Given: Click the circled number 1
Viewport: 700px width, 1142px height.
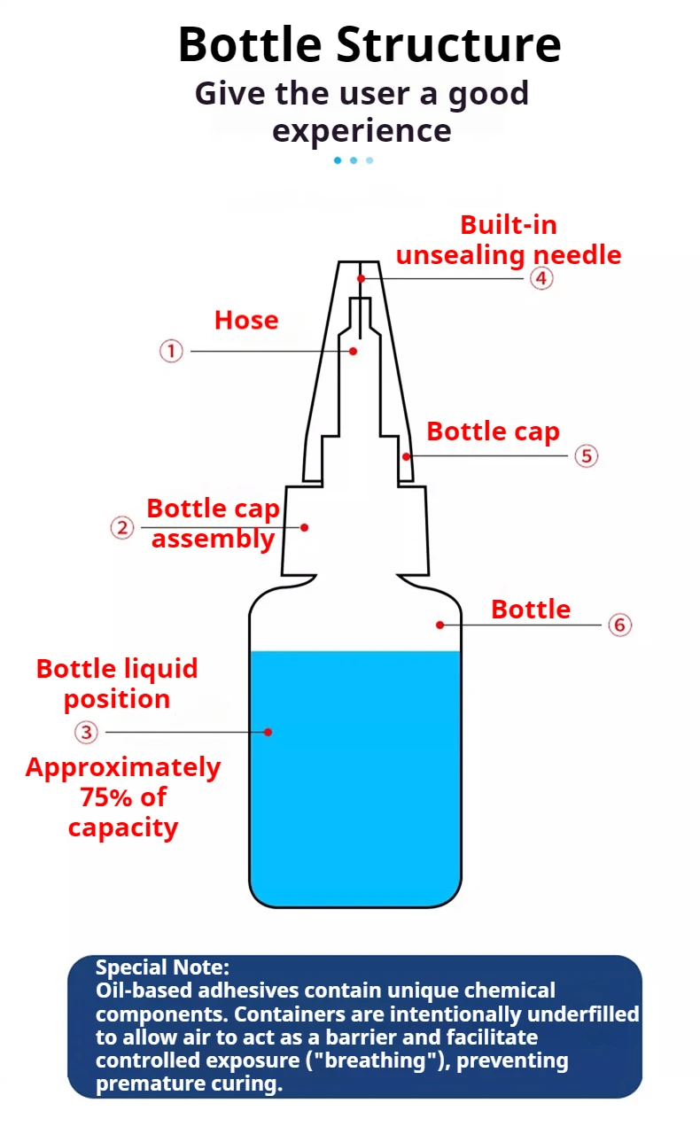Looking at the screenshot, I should tap(171, 352).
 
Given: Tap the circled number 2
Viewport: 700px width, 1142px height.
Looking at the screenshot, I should tap(122, 528).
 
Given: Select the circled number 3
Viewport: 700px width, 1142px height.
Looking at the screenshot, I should tap(86, 733).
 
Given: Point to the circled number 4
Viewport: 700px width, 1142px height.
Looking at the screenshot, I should tap(541, 278).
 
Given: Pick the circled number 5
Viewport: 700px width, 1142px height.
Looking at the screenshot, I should tap(586, 456).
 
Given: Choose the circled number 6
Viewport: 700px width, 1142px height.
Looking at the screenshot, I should tap(619, 625).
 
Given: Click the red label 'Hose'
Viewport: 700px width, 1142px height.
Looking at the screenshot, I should tap(246, 320).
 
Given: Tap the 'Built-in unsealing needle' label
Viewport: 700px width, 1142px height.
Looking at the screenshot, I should tap(509, 240).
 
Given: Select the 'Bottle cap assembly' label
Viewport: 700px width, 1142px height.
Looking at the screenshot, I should tap(213, 524).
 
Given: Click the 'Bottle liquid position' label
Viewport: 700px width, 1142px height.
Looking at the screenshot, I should tap(117, 684).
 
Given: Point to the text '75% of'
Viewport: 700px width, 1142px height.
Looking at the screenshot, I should tap(123, 797).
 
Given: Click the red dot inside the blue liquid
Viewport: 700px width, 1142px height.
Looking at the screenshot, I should tap(268, 732).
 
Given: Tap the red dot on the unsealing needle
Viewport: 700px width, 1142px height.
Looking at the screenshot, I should tap(362, 279).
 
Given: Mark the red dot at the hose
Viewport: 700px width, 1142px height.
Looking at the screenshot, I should tap(353, 352).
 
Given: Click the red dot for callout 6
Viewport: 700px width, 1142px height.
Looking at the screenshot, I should tap(439, 625).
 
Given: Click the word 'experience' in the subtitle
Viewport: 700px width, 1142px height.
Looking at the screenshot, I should tap(362, 131).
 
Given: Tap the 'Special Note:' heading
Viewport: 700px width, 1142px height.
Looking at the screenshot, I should tap(162, 967).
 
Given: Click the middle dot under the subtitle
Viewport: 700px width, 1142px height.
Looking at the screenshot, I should tap(354, 160).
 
